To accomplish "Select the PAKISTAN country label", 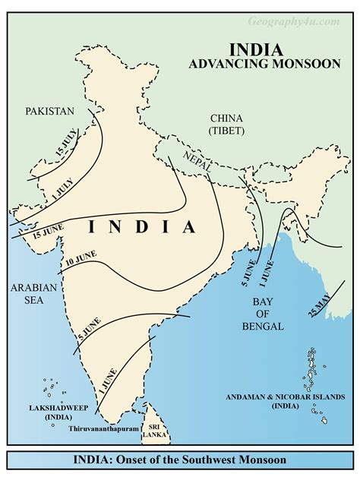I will pos(49,111).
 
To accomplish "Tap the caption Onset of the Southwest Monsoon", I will pos(180,460).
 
